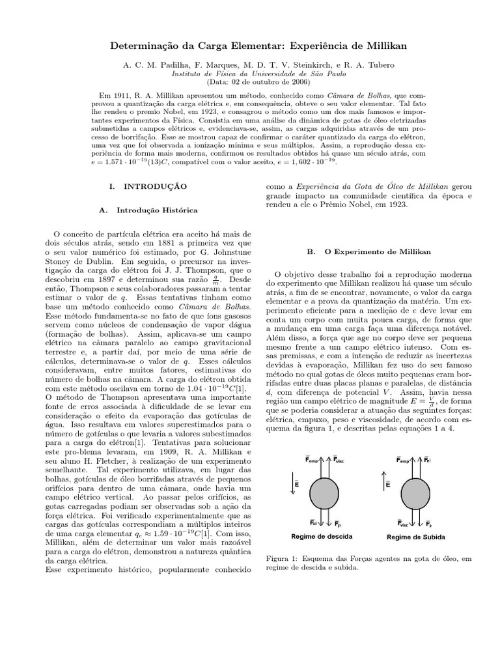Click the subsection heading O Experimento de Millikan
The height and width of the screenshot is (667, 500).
tap(375, 251)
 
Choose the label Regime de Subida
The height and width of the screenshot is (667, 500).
tap(413, 537)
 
